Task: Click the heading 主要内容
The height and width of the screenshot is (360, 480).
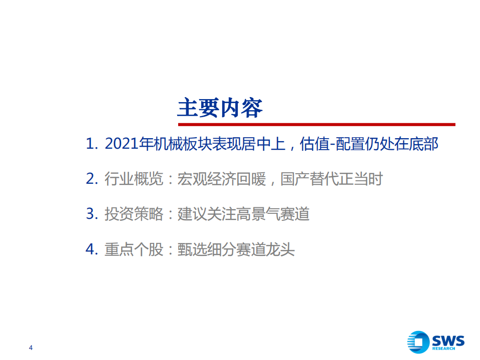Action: (x=220, y=107)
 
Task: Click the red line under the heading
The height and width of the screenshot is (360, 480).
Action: (x=316, y=124)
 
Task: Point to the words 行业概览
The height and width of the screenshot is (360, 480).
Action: (x=134, y=179)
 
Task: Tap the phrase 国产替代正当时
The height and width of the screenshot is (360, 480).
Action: (x=331, y=179)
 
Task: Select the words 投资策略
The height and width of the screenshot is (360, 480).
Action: (x=134, y=214)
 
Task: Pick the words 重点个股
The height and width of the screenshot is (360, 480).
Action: (x=134, y=249)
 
